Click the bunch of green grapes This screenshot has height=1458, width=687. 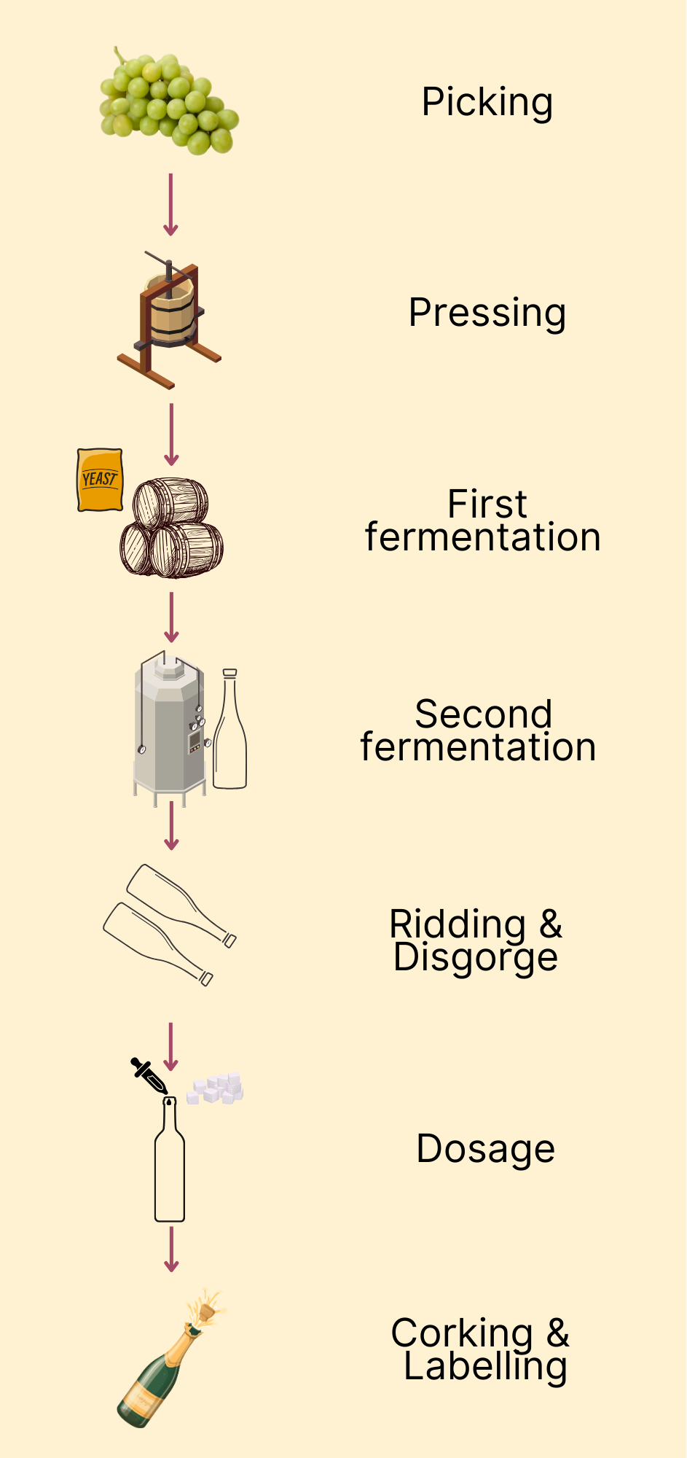[169, 102]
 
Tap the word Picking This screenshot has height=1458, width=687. [487, 102]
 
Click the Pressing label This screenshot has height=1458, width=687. [487, 313]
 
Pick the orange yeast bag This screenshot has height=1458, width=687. [100, 479]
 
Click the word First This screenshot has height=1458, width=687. [487, 503]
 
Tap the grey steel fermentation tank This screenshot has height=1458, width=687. [169, 729]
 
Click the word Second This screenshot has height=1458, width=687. [483, 714]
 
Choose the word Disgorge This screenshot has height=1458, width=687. [476, 957]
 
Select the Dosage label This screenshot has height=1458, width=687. [485, 1149]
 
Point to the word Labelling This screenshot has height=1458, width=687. [485, 1366]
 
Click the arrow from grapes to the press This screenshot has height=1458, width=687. [170, 205]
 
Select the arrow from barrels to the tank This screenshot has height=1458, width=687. [171, 617]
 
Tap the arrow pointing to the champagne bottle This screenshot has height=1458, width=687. [171, 1250]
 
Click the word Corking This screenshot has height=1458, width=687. [462, 1333]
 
